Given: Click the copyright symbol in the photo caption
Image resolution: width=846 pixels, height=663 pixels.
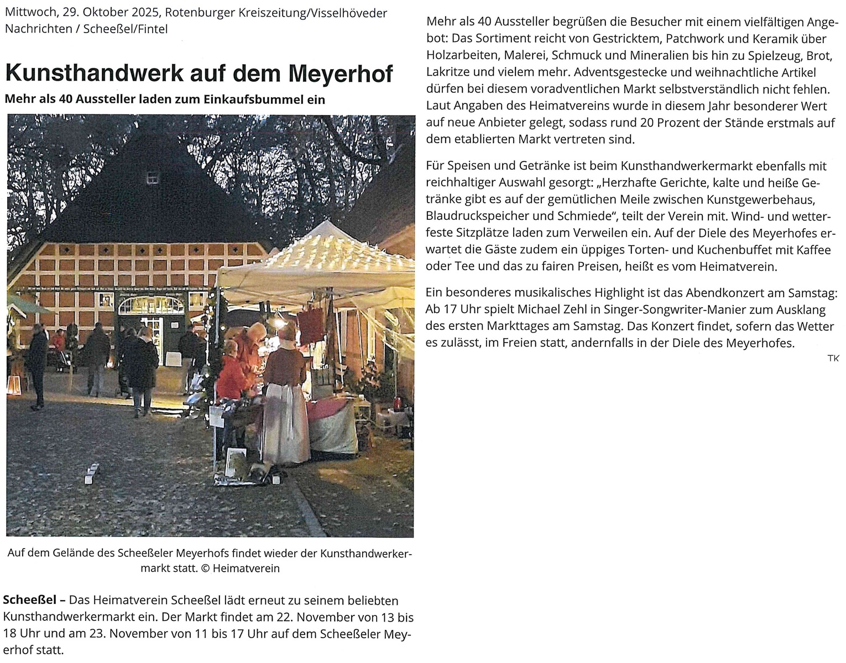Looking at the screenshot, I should pos(205,569).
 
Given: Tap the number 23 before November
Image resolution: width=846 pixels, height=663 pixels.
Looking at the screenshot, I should pos(97,634).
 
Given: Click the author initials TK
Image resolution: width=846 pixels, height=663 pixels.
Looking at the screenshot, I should pos(833,359).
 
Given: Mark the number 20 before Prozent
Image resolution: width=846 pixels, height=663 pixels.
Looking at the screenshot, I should pos(648,123).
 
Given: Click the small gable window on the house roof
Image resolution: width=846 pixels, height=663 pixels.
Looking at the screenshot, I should pos(152,177).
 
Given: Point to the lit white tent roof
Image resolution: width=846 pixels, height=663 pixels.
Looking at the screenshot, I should pos(326,254).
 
